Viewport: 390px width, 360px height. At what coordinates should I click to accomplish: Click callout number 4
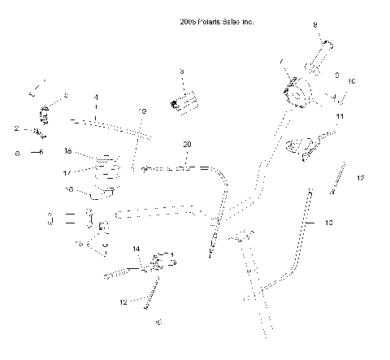click(96, 97)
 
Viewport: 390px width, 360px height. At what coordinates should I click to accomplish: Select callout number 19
click(142, 111)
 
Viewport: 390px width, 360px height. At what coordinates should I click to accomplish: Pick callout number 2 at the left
click(16, 128)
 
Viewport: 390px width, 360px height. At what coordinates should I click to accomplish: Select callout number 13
click(329, 222)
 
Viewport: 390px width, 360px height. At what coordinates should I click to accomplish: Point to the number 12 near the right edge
click(360, 177)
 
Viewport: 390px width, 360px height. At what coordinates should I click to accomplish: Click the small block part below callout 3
click(184, 102)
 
